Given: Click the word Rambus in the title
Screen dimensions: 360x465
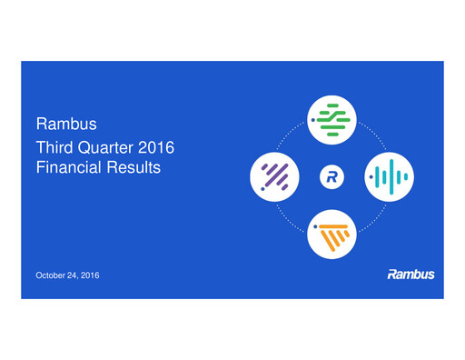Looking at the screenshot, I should (60, 123).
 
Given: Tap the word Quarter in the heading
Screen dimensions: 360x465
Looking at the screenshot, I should (106, 145).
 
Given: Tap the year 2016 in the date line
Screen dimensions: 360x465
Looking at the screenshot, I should (93, 275).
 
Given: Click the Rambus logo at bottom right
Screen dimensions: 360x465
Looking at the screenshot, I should (411, 274).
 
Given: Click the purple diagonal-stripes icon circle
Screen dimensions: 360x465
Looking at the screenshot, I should (274, 174).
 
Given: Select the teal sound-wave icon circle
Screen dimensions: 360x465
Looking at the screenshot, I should (388, 174).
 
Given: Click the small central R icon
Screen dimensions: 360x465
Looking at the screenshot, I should (331, 175).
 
